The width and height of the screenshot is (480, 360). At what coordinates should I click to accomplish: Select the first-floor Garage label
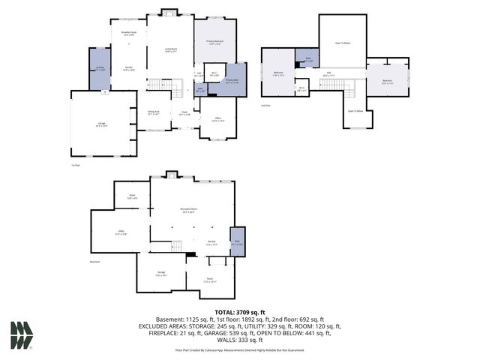[x=103, y=126]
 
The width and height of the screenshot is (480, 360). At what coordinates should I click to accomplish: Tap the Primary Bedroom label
[x=214, y=43]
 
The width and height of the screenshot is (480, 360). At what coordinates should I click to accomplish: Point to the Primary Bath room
[x=232, y=82]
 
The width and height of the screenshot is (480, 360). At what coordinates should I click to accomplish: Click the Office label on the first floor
[x=217, y=119]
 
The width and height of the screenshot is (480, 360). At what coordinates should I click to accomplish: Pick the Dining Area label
[x=154, y=112]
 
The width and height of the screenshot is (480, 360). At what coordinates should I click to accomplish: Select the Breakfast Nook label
[x=128, y=34]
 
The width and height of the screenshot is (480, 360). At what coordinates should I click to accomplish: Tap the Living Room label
[x=170, y=51]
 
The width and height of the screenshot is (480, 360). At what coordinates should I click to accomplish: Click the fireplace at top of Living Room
[x=169, y=12]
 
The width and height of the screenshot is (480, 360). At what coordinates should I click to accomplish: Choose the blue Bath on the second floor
[x=307, y=59]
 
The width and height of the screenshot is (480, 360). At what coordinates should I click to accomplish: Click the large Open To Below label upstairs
[x=342, y=43]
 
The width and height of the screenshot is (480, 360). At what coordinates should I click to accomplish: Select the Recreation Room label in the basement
[x=187, y=210]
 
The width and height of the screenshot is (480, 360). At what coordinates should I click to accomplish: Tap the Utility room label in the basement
[x=121, y=232]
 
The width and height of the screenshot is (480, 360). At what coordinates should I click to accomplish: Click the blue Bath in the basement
[x=237, y=243]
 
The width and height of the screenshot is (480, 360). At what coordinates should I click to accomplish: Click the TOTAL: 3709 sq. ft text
[x=240, y=312]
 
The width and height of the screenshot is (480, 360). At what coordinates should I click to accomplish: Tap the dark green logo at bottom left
[x=21, y=335]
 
